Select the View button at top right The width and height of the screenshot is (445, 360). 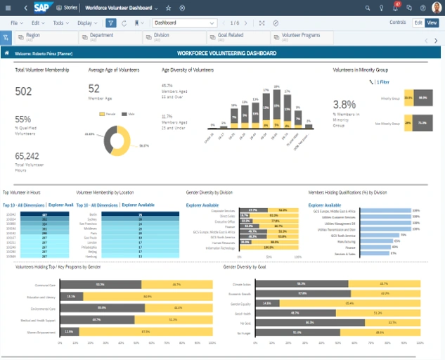click(432, 22)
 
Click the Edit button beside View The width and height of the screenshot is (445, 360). click(418, 22)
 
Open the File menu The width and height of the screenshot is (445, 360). click(13, 22)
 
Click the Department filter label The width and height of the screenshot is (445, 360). click(102, 34)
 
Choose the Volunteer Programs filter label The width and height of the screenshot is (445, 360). click(301, 34)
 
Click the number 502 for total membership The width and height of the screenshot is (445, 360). click(23, 91)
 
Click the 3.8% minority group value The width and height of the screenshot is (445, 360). click(344, 103)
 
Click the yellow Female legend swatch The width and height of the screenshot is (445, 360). click(103, 113)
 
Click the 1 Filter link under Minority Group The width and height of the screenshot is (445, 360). click(383, 82)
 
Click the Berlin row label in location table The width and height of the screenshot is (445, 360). click(93, 214)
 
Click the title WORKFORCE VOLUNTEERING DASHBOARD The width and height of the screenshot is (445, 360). click(226, 53)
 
